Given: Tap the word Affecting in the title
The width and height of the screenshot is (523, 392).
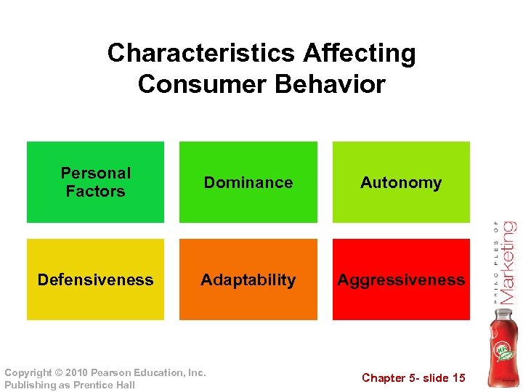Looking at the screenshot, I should pos(360,53).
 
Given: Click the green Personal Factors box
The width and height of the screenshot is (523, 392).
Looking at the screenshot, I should pos(95,181).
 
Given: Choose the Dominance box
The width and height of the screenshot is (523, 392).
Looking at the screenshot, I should pos(248,182).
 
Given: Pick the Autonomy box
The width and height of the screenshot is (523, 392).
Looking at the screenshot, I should pos(401,182).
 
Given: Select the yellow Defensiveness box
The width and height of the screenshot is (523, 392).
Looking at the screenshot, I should pos(95,279).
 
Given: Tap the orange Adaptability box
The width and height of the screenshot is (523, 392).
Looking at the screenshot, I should pos(248,279).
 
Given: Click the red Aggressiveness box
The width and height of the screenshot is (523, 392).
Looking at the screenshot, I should pos(401,279).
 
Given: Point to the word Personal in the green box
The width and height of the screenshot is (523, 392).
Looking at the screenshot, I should pos(95,173).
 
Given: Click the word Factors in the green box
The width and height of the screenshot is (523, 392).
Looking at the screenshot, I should pos(95,192).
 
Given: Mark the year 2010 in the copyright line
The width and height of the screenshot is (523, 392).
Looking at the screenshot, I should pos(78,372).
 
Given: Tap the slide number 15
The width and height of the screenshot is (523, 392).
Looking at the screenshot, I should pos(458,377).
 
